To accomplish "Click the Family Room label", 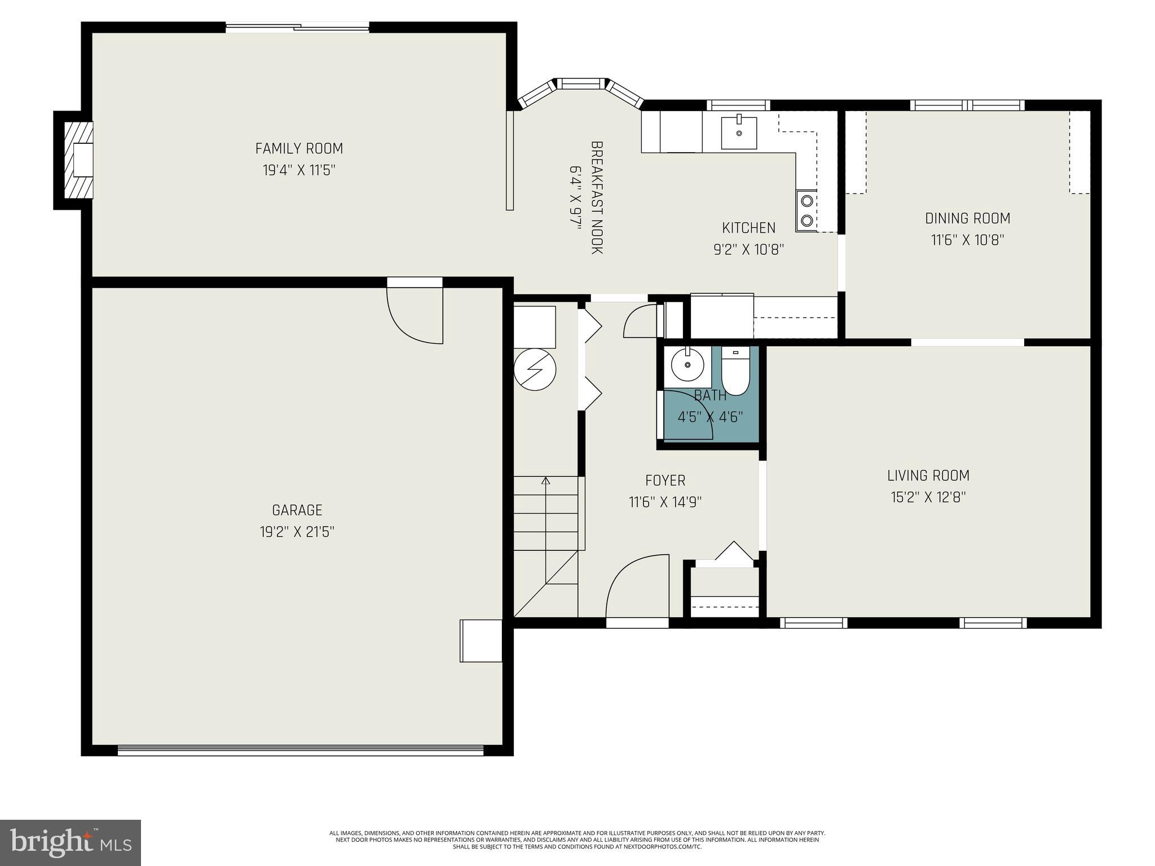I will [x=299, y=148].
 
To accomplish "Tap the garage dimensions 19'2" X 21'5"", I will [x=297, y=532].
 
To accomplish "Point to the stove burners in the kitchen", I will [x=806, y=210].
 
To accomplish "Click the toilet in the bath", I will [x=735, y=372].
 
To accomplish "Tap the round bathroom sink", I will [x=688, y=365].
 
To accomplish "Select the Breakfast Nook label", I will [x=597, y=197].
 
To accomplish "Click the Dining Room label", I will [x=967, y=218].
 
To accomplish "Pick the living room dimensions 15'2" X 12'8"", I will [x=928, y=497].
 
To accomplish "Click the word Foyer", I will [x=665, y=480].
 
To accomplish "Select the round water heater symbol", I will [x=535, y=370].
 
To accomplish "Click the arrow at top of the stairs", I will [x=545, y=481].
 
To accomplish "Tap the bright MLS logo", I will [x=70, y=842].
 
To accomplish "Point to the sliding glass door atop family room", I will [x=298, y=27].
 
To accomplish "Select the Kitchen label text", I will [x=748, y=228].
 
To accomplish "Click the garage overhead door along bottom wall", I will [x=301, y=750].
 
